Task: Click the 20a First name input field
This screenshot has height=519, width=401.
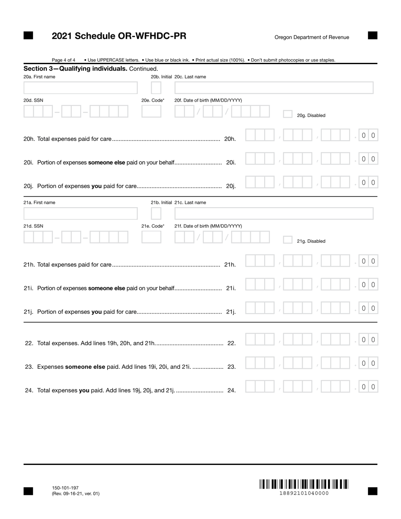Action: click(81, 88)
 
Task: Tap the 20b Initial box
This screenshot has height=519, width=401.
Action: click(156, 88)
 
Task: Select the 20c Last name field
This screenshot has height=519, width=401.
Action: click(274, 88)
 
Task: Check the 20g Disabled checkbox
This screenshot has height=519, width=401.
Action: click(287, 114)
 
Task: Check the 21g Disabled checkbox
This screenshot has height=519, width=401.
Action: click(287, 240)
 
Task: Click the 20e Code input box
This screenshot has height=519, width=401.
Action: click(151, 111)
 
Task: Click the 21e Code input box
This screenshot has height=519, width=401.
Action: click(151, 237)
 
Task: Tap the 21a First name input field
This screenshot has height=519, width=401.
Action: click(81, 214)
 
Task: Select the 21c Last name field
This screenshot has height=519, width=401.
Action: click(274, 214)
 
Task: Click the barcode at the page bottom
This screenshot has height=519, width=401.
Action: click(304, 484)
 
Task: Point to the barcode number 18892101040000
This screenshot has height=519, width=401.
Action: click(304, 493)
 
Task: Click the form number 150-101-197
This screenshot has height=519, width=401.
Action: click(65, 488)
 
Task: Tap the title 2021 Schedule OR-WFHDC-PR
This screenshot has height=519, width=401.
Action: click(119, 36)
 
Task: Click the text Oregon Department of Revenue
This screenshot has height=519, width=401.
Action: click(312, 37)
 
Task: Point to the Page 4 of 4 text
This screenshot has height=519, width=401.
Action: click(64, 60)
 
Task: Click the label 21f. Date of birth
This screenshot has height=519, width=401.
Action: click(208, 226)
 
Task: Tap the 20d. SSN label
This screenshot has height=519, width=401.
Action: click(33, 100)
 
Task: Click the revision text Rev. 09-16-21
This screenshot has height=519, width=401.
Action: click(76, 494)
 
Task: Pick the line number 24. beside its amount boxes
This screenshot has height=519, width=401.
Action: click(231, 390)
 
